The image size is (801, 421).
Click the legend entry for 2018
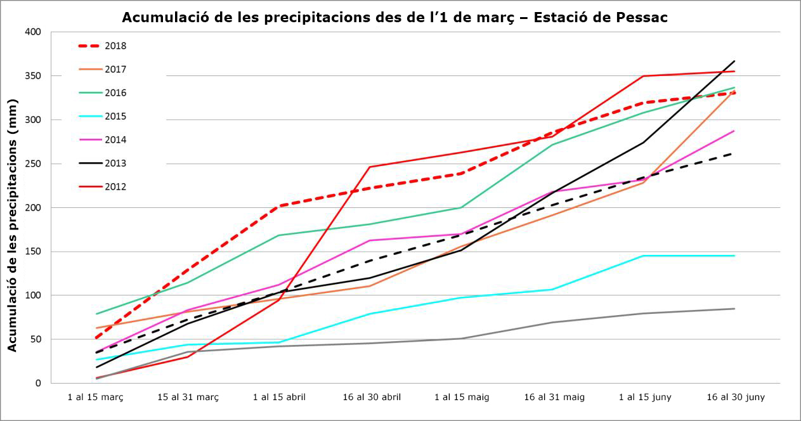tap(116, 46)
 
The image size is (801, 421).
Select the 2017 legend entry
tap(116, 70)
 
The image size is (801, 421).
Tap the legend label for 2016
tap(116, 93)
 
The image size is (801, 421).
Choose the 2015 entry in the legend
tap(116, 117)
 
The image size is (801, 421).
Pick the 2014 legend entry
tap(116, 140)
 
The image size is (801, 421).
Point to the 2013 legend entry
tap(116, 164)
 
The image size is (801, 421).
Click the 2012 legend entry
tap(116, 187)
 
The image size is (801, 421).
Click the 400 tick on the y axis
tap(32, 32)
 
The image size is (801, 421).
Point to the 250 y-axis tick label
tap(32, 164)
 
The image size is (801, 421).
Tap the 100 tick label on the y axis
tap(32, 295)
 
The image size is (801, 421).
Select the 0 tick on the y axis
tap(37, 383)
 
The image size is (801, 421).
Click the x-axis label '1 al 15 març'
tap(96, 398)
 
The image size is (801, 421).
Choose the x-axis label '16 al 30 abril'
tap(372, 398)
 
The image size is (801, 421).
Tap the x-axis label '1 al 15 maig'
tap(462, 398)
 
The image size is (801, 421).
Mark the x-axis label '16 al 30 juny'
tap(736, 398)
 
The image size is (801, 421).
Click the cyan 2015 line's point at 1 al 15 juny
tap(644, 256)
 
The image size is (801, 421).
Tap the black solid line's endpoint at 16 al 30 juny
tap(734, 62)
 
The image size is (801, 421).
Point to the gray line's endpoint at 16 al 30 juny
tap(734, 309)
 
